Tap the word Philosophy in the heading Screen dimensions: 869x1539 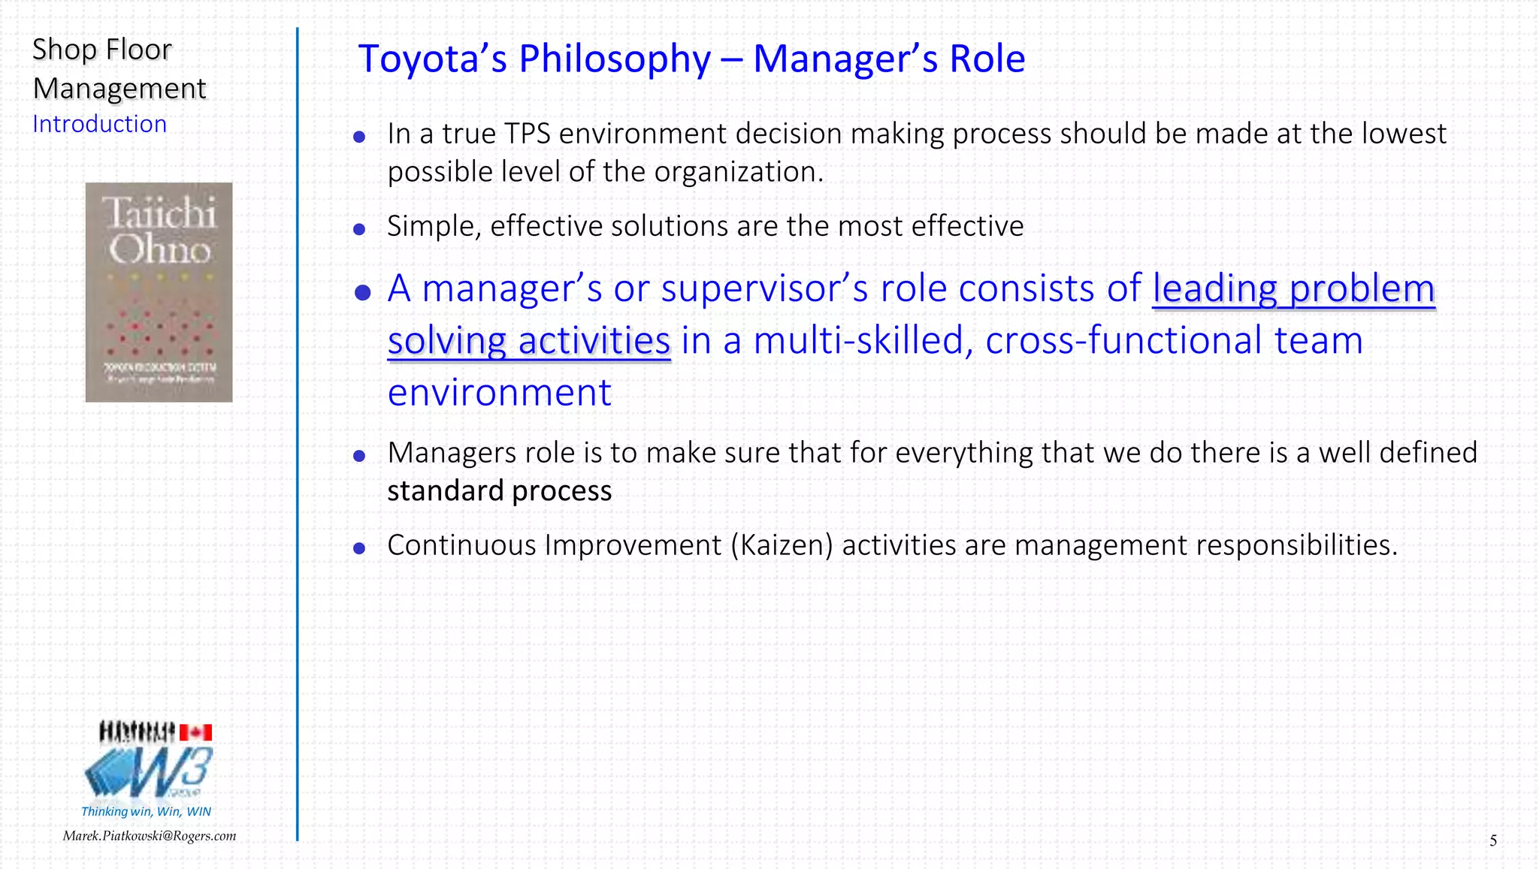pos(614,60)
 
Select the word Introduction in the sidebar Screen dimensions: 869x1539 pos(99,124)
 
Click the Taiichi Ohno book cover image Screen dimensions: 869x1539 pos(159,292)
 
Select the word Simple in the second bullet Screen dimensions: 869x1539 pos(433,227)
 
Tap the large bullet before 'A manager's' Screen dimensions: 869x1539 pos(362,292)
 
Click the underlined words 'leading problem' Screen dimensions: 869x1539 pos(1293,289)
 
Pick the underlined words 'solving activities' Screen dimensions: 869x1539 pos(528,342)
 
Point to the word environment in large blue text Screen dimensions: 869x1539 pos(499,393)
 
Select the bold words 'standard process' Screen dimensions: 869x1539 pos(499,491)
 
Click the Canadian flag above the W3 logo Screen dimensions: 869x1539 pos(195,732)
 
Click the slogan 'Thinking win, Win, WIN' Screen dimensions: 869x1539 pos(146,811)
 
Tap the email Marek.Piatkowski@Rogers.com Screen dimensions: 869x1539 pos(149,836)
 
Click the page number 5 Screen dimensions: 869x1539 pos(1492,840)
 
